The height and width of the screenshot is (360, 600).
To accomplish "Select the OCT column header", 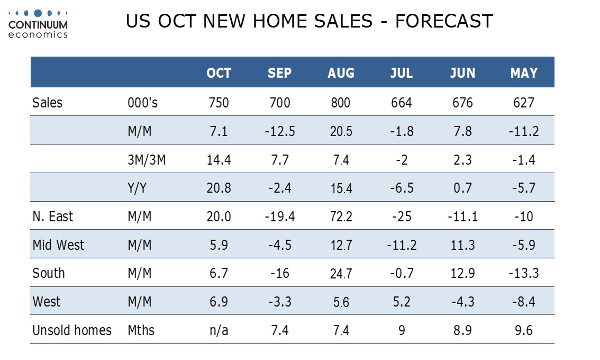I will coord(219,73).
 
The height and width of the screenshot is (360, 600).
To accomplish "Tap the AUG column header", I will coord(341,73).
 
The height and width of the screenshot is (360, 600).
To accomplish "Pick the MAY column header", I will coord(524,73).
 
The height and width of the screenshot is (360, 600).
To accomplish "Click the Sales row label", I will coord(47,102).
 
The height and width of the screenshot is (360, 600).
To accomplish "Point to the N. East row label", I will coord(52,216).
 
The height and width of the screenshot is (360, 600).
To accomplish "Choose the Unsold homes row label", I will coord(72,330).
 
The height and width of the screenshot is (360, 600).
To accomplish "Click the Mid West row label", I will coord(58,245).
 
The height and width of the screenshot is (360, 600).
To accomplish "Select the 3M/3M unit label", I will coord(147,159).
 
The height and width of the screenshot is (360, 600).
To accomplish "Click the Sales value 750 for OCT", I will coord(219,102).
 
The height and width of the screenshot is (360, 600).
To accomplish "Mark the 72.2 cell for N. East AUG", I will coord(341,217).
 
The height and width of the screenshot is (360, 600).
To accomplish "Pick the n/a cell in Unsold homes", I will coord(219,331).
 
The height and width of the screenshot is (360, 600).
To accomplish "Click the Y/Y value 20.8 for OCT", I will coord(219,188).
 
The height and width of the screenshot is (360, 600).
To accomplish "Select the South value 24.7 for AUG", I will coord(341,274).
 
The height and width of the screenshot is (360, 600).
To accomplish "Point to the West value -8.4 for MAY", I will coord(524,302).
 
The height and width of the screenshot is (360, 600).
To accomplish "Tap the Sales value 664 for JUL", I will coord(402,102).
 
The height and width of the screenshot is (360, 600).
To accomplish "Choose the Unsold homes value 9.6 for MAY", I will coord(524,331).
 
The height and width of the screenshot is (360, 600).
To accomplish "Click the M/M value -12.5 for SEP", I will coord(279,131).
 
